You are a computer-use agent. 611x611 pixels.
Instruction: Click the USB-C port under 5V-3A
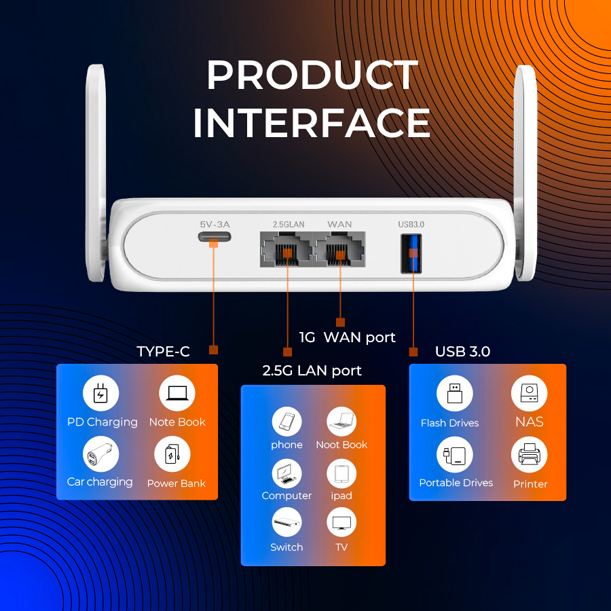click(x=215, y=236)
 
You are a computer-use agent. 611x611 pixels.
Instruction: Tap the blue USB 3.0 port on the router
click(x=411, y=253)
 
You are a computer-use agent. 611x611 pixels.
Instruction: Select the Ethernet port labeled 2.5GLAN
click(x=286, y=249)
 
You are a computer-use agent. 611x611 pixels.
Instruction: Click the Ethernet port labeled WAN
click(x=339, y=249)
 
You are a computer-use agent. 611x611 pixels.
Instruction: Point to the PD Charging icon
click(x=100, y=393)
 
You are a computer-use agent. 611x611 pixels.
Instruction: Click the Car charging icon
click(x=100, y=454)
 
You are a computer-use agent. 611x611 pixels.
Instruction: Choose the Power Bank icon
click(x=172, y=454)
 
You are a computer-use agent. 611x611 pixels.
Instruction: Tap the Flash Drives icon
click(x=454, y=393)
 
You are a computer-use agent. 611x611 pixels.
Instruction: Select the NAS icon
click(x=529, y=393)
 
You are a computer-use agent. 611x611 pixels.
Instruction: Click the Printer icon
click(x=529, y=455)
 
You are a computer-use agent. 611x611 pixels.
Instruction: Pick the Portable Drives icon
click(x=454, y=455)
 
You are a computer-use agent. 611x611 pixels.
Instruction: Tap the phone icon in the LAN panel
click(x=286, y=422)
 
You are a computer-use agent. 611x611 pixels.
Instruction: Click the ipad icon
click(x=341, y=473)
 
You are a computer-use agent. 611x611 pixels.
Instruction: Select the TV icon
click(x=341, y=523)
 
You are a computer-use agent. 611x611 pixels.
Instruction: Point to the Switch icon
click(x=286, y=523)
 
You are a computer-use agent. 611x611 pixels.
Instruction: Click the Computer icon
click(x=286, y=473)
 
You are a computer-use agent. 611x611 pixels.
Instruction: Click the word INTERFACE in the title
click(x=312, y=123)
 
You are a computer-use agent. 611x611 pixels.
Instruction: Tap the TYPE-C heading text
click(x=163, y=352)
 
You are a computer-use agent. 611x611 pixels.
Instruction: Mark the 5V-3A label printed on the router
click(x=215, y=225)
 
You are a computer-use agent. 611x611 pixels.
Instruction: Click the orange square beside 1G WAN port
click(x=340, y=322)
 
